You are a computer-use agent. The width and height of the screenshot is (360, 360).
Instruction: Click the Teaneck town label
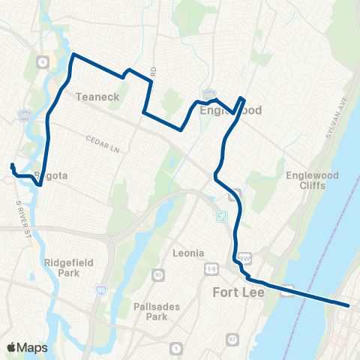pyautogui.click(x=94, y=97)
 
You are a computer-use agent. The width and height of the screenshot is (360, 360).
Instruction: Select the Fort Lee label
pyautogui.click(x=238, y=291)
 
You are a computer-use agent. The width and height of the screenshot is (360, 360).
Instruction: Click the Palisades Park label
pyautogui.click(x=142, y=310)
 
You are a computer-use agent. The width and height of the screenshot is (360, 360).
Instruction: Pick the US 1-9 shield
pyautogui.click(x=211, y=267)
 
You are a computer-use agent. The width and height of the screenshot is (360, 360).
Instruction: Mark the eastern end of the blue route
pyautogui.click(x=349, y=305)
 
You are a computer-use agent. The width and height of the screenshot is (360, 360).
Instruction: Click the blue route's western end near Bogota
pyautogui.click(x=12, y=164)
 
